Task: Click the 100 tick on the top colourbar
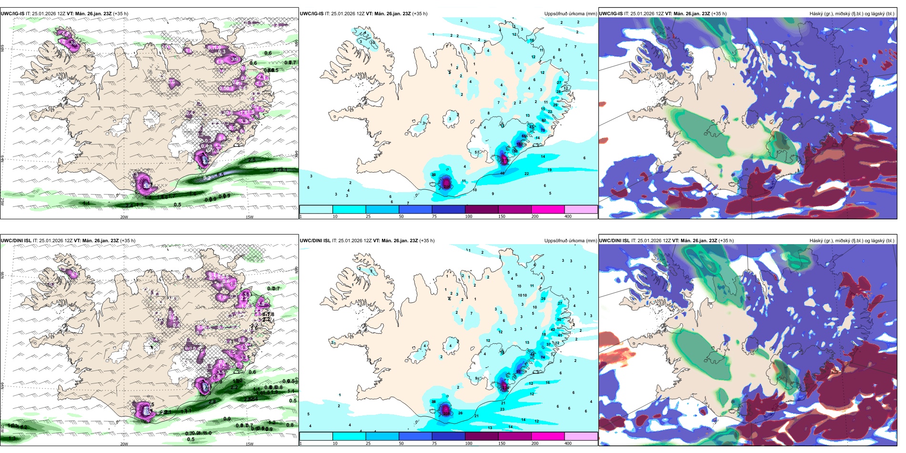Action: tap(468, 216)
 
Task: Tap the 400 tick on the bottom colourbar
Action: tap(567, 443)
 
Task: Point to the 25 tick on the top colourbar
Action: tap(368, 216)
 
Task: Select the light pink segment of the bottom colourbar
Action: tap(581, 436)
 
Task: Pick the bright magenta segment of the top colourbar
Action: tap(547, 209)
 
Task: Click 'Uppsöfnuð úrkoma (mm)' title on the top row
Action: tap(570, 14)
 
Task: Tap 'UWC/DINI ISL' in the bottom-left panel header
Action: tap(16, 241)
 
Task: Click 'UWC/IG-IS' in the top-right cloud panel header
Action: tap(611, 14)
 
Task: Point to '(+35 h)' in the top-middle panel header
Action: tap(420, 14)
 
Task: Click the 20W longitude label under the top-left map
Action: tap(124, 217)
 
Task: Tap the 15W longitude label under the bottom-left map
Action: tap(249, 444)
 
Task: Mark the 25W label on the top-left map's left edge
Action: tap(2, 202)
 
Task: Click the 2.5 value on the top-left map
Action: tap(252, 160)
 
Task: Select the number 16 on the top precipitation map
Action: tap(532, 41)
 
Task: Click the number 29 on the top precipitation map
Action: tap(555, 105)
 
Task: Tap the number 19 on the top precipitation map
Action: tap(549, 170)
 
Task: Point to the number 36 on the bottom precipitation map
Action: tap(559, 319)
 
